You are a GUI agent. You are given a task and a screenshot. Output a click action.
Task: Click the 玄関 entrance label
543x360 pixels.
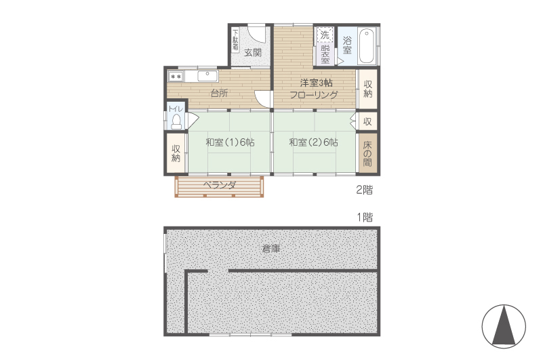pos(252,53)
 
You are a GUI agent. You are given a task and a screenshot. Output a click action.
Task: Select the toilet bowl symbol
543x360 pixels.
pos(176,121)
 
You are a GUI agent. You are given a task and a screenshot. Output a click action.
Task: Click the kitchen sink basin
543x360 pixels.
pos(207,75)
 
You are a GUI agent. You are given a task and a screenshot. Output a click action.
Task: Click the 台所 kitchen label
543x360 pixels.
pos(219,93)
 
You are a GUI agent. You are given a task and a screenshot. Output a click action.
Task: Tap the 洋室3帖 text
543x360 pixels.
pos(316,83)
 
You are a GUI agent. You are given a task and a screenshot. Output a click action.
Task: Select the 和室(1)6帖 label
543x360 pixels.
pos(230,142)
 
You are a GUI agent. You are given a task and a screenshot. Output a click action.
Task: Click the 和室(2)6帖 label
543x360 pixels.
pos(314,142)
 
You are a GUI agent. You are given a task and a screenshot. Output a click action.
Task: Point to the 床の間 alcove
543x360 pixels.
pos(367,153)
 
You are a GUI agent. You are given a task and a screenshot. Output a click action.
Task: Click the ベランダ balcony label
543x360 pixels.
pos(220,185)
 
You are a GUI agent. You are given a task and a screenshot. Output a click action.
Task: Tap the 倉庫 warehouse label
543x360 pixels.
pos(271,248)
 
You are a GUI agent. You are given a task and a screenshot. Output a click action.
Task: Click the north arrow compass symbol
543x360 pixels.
pos(504,326)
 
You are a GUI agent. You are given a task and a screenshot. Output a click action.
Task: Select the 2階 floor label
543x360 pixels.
pos(365,190)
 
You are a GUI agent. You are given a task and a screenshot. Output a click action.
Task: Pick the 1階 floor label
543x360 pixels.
pos(365,217)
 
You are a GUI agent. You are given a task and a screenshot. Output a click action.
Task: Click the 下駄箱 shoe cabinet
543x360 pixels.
pos(235,40)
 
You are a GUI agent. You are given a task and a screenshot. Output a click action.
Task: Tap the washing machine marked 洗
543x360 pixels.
pos(325,35)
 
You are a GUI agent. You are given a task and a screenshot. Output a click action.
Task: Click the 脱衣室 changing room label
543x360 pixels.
pos(325,54)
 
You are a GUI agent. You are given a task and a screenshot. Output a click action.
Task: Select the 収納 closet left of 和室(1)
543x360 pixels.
pos(176,153)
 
